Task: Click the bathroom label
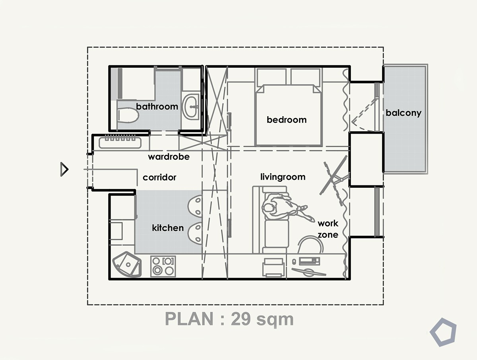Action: (x=157, y=107)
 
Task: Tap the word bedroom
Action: (x=287, y=120)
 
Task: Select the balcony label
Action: (x=403, y=113)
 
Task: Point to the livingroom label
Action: (x=283, y=177)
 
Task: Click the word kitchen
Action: (x=168, y=228)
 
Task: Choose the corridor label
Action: (x=159, y=177)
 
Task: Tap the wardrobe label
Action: (x=169, y=157)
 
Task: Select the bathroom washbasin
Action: (x=190, y=107)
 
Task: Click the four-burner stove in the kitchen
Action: (x=163, y=266)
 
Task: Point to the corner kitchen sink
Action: (x=127, y=265)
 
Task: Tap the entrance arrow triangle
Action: (x=64, y=169)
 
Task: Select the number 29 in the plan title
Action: (x=240, y=319)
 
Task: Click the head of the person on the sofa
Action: (x=269, y=208)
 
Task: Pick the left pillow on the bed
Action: (x=271, y=76)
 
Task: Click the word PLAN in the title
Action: (x=189, y=319)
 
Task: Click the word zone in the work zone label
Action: (x=328, y=235)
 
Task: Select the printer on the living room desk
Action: (x=274, y=267)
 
